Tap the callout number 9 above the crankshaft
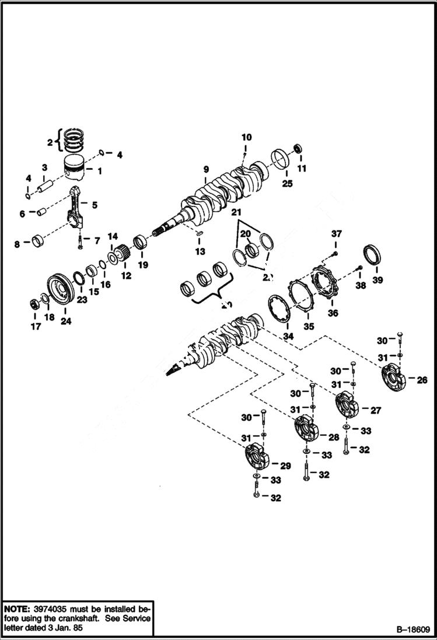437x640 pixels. pos(206,170)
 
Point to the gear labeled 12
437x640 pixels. pos(120,256)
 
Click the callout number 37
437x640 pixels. pos(336,233)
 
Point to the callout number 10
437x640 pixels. pos(246,138)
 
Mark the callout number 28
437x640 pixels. pos(333,437)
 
